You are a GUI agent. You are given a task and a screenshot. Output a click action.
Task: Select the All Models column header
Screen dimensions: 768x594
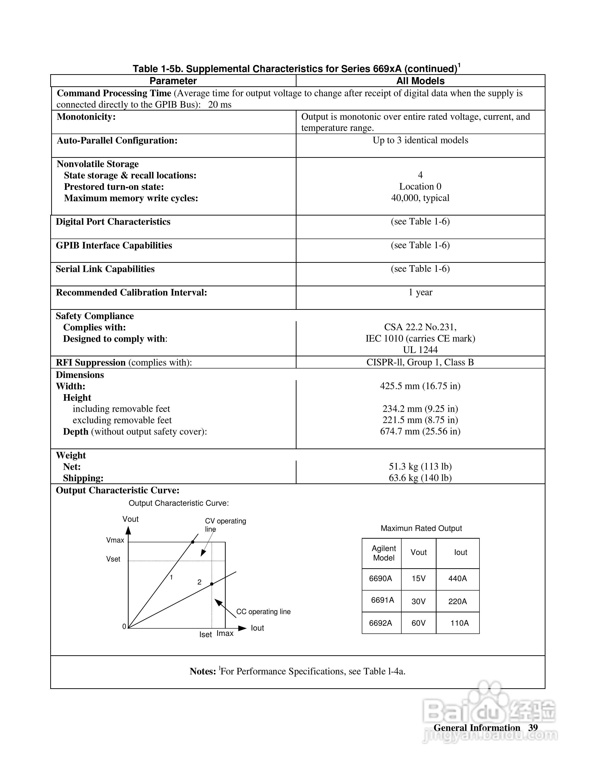coord(420,81)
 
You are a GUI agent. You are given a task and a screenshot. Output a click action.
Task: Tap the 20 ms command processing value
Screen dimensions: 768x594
coord(220,105)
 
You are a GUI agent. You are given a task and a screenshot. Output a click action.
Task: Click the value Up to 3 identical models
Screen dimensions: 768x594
coord(420,140)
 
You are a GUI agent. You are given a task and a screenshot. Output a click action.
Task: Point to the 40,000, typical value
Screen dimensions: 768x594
coord(420,198)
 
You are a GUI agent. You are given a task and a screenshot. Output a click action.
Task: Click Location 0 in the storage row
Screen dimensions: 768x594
coord(420,186)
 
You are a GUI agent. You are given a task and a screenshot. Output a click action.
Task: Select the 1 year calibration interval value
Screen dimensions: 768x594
coord(420,292)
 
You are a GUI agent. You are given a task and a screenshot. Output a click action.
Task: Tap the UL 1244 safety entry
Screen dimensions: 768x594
coord(420,350)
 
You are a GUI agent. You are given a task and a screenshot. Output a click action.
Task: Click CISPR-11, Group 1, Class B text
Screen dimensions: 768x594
coord(420,362)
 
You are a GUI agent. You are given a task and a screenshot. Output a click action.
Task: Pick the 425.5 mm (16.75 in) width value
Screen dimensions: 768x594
coord(420,386)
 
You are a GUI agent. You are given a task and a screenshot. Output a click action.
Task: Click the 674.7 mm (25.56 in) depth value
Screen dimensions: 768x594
coord(420,432)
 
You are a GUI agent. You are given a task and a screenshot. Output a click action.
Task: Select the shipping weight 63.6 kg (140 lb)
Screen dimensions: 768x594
coord(420,478)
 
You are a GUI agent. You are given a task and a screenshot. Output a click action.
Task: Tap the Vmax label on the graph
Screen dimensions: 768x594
coord(115,540)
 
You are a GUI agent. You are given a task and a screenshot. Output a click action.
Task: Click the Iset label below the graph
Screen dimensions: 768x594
coord(206,635)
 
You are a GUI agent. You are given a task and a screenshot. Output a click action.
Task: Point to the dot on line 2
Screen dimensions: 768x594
coord(212,584)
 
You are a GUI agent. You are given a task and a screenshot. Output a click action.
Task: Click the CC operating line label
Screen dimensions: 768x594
coord(263,612)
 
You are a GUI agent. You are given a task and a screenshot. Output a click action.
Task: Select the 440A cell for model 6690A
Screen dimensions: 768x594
coord(457,578)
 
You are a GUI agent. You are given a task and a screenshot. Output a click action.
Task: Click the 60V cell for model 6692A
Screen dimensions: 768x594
coord(418,623)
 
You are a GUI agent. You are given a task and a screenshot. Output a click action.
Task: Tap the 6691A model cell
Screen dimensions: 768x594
coord(382,600)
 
